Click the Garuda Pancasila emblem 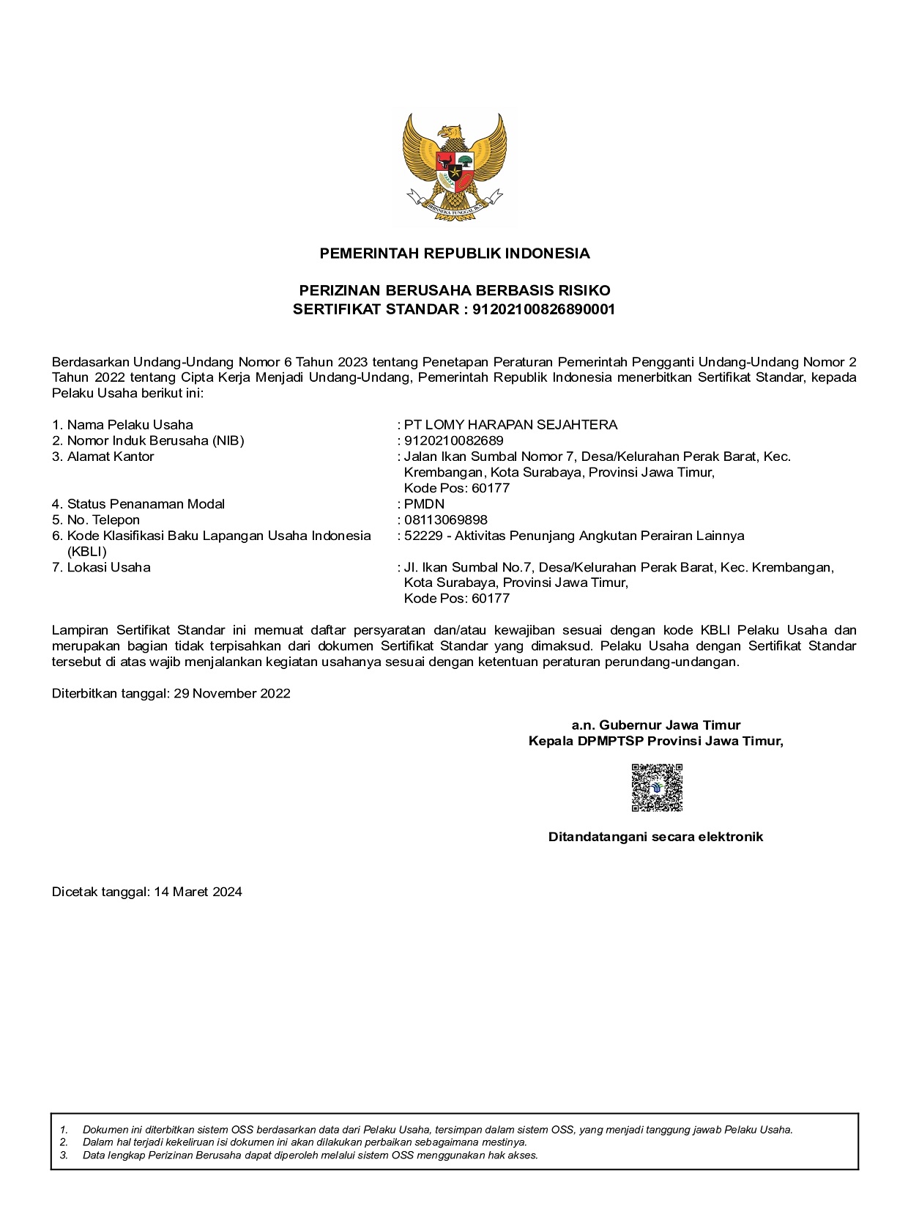[454, 166]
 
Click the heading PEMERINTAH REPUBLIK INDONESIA [454, 254]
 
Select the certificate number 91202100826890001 [543, 309]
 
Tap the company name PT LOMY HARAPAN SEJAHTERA [510, 425]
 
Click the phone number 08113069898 [445, 520]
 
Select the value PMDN [424, 504]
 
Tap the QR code [657, 788]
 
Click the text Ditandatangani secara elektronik [655, 837]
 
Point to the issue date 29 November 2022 [232, 693]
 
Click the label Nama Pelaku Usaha [130, 425]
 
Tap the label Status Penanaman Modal [146, 504]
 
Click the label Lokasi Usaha [108, 567]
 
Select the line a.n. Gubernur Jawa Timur [656, 725]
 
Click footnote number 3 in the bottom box [64, 1155]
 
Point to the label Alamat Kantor [111, 456]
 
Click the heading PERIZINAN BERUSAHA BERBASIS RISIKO [454, 291]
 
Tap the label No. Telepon [103, 520]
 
